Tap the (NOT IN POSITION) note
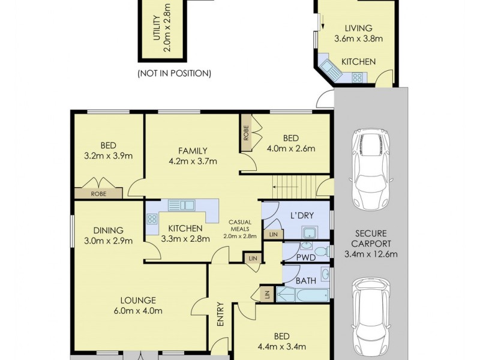click(x=174, y=74)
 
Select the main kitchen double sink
click(x=181, y=205)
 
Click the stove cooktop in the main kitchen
click(x=151, y=219)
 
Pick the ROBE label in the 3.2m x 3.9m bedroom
click(x=98, y=194)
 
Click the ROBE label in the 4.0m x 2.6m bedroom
click(x=245, y=132)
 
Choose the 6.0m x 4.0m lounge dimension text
click(x=138, y=311)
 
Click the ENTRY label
click(x=220, y=314)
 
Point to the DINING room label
click(x=108, y=230)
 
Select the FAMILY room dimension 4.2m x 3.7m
click(x=193, y=161)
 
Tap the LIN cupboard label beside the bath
click(x=265, y=294)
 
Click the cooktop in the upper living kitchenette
click(x=358, y=77)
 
